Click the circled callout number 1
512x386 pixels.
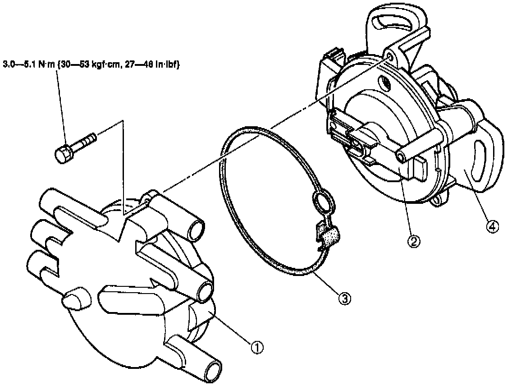257,347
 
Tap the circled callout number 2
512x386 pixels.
414,242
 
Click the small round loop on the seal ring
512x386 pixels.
322,201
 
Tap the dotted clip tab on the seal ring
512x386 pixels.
331,236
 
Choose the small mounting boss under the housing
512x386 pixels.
436,201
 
